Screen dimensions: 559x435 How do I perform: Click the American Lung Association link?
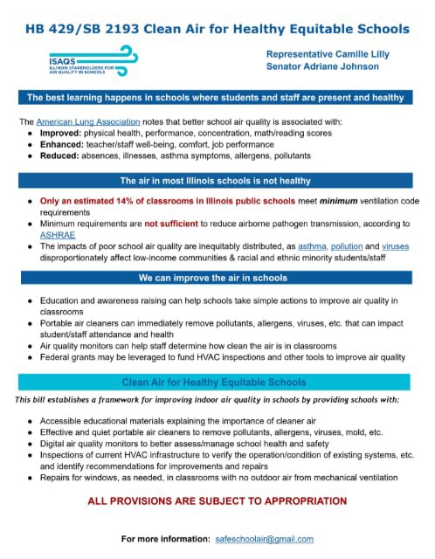81,121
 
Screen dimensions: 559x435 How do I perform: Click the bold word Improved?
61,133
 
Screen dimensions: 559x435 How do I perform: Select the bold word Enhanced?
62,144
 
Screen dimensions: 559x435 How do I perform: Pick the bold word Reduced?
60,155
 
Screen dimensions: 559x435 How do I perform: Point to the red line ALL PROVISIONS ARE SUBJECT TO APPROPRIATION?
217,501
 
